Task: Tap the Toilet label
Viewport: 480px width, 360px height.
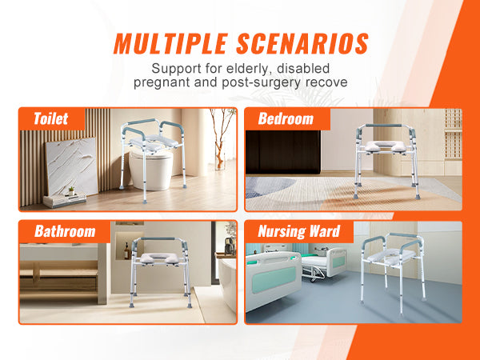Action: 51,118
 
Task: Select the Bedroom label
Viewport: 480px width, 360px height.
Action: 285,118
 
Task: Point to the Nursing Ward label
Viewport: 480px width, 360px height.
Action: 299,232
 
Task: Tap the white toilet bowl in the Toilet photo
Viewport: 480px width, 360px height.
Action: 150,170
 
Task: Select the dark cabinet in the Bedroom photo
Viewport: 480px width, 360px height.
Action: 282,151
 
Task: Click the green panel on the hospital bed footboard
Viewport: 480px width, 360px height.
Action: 266,284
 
